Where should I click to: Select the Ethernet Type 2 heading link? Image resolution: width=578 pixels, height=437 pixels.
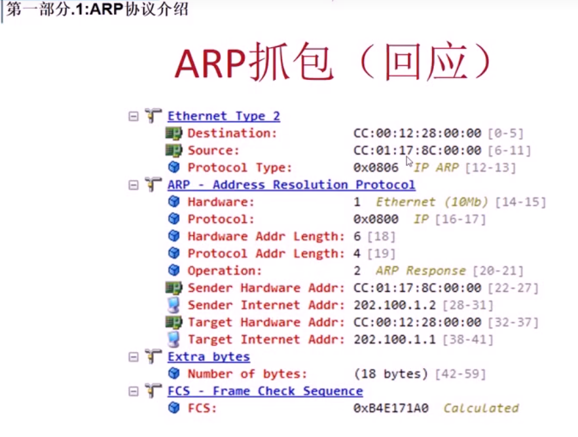pos(223,116)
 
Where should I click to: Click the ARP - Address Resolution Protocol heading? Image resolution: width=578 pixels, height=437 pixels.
pos(291,184)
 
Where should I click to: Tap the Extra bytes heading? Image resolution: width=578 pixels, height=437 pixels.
pos(208,357)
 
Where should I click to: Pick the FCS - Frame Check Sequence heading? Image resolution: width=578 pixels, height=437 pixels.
pos(264,391)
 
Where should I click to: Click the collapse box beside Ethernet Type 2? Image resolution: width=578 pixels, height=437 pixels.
pos(134,116)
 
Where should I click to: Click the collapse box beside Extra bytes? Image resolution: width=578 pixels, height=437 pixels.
pos(134,357)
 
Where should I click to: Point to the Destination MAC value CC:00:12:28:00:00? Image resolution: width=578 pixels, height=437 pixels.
pos(417,133)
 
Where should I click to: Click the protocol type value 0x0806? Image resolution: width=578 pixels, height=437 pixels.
pos(376,167)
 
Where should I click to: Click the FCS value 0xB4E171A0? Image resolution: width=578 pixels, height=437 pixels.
pos(391,408)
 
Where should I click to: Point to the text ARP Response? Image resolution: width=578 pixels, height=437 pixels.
pos(420,270)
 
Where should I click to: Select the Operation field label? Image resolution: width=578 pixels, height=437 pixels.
pos(225,270)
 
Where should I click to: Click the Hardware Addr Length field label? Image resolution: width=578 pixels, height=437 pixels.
pos(266,236)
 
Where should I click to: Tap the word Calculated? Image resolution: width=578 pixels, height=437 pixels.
pos(480,408)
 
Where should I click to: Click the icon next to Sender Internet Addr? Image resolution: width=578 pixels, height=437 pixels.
pos(173,305)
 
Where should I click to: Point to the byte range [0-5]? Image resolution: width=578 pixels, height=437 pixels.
pos(505,133)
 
